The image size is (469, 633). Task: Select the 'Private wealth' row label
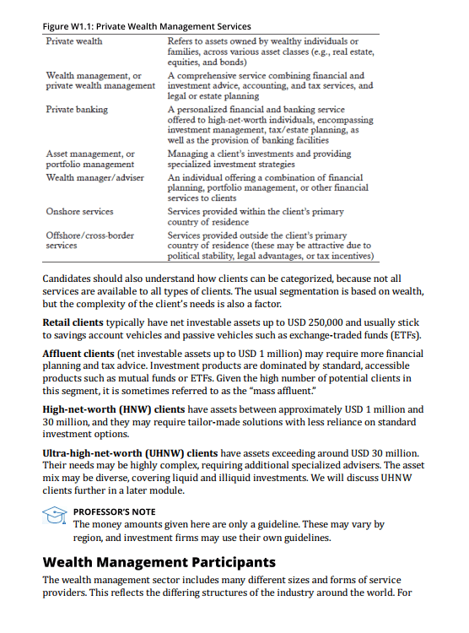pyautogui.click(x=74, y=41)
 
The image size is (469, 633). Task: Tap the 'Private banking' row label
pyautogui.click(x=77, y=110)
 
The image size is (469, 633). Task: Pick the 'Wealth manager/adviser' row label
pyautogui.click(x=95, y=178)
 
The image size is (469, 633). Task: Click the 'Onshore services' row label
pyautogui.click(x=79, y=212)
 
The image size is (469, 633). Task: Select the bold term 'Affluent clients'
pyautogui.click(x=78, y=354)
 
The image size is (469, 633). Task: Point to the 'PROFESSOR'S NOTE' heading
pyautogui.click(x=114, y=511)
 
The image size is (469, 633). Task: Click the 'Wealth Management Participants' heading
pyautogui.click(x=159, y=561)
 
